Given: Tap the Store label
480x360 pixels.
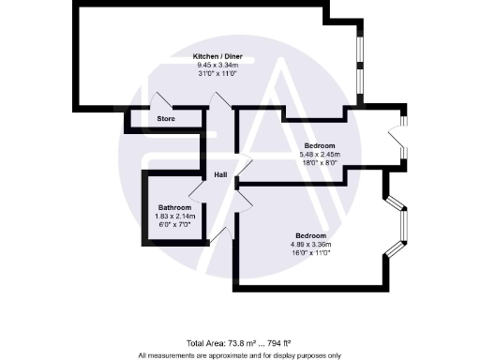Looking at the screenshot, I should pos(166,119).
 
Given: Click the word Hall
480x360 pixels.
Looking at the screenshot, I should pos(221,174).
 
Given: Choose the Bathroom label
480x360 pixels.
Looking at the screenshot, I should pos(174,207).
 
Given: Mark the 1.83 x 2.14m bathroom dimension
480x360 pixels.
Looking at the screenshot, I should pos(174,216).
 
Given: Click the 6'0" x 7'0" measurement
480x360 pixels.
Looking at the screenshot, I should pos(174,224).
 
